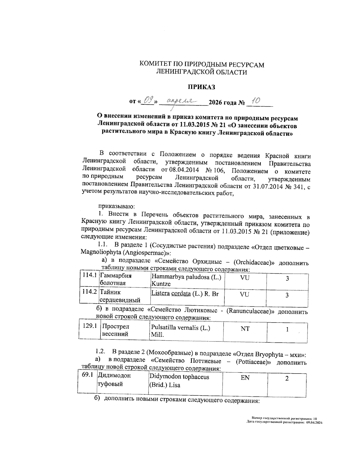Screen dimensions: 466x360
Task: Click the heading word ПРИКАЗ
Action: click(x=201, y=87)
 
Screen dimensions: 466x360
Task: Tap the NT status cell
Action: click(x=245, y=329)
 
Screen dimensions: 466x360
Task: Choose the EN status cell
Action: click(x=245, y=378)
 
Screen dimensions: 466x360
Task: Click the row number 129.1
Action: click(x=90, y=326)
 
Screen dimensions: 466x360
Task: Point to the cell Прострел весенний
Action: click(x=116, y=330)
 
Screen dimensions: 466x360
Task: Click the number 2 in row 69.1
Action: click(x=287, y=378)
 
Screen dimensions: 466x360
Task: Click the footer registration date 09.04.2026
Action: click(x=314, y=422)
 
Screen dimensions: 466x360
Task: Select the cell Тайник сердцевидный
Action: click(x=120, y=296)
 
